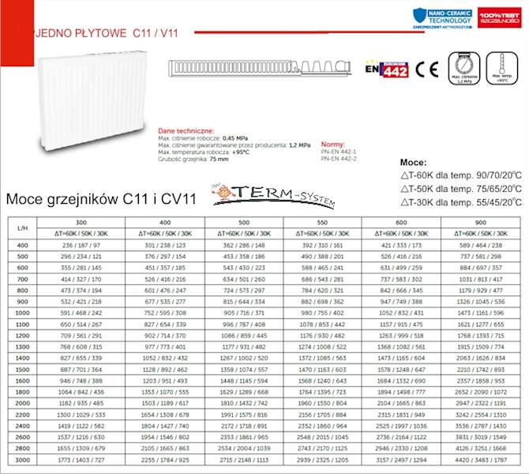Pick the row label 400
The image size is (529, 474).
[22, 246]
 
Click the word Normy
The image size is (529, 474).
[332, 135]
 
